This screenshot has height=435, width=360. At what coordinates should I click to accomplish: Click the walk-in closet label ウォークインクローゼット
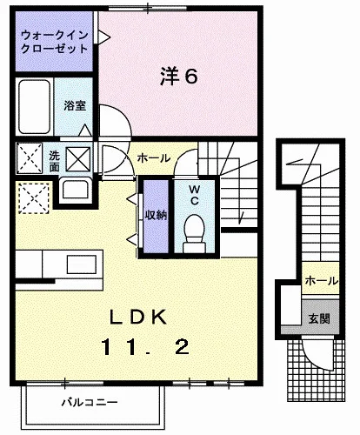[55, 42]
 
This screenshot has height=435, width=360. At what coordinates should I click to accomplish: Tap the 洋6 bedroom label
[179, 77]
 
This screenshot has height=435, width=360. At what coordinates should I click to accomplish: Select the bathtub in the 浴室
[35, 107]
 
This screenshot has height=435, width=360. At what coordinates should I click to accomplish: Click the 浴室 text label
[75, 105]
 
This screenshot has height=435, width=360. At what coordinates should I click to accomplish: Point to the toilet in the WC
[194, 233]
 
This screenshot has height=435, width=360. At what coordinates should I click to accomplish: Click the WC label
[194, 195]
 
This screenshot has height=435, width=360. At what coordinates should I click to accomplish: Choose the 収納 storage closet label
[156, 215]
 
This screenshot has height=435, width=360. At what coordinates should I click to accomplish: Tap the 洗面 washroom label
[54, 161]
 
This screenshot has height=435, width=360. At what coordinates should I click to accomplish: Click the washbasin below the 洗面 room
[76, 190]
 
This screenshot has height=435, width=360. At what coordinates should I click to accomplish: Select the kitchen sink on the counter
[82, 264]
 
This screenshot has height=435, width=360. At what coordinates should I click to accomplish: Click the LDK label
[138, 317]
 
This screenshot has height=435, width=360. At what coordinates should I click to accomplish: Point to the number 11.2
[145, 347]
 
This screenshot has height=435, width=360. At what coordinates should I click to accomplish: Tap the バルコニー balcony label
[90, 402]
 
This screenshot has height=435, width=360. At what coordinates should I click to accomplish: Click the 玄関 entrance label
[319, 318]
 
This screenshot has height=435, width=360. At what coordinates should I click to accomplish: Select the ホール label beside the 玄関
[321, 281]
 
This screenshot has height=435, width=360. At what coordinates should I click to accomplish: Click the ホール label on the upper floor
[153, 158]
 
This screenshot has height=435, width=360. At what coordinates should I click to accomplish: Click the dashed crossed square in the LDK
[34, 198]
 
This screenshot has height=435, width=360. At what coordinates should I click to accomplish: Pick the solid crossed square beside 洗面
[78, 159]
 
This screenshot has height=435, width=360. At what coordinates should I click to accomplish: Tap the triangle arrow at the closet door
[104, 37]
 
